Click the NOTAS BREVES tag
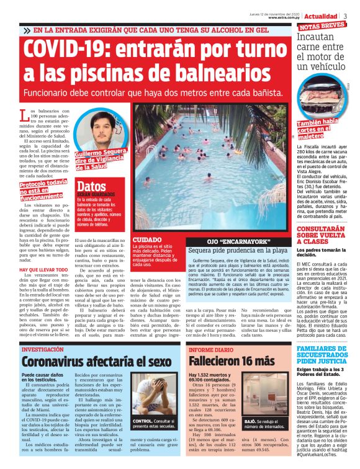[x=322, y=27]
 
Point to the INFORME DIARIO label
[x=211, y=350]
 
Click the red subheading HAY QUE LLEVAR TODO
[x=43, y=270]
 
